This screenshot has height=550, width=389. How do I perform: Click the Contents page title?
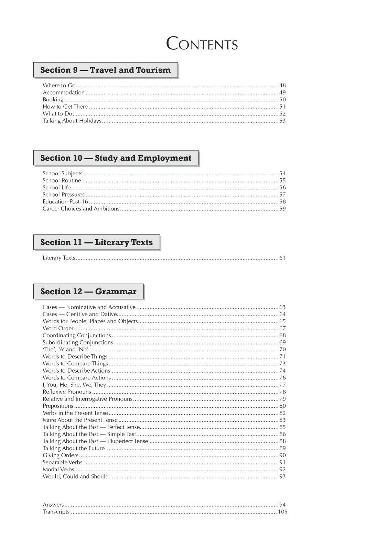click(x=202, y=44)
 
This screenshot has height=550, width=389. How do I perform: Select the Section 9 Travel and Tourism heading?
click(x=106, y=70)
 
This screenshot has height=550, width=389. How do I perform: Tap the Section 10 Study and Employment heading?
click(x=116, y=158)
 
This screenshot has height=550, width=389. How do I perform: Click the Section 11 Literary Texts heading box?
click(x=97, y=242)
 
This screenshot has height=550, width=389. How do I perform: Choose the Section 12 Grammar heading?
click(x=88, y=292)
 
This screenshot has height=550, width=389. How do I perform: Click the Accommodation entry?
click(x=64, y=92)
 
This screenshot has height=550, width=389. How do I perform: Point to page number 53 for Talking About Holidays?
click(x=282, y=121)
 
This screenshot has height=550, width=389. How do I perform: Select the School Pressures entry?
click(x=64, y=195)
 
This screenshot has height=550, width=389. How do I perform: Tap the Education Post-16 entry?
click(x=65, y=202)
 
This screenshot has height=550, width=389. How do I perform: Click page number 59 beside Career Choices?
click(x=282, y=209)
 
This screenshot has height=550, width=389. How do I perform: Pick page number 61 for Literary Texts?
click(x=282, y=258)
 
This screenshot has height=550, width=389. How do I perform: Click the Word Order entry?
click(x=58, y=328)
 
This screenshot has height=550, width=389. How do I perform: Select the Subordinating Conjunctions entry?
click(x=78, y=342)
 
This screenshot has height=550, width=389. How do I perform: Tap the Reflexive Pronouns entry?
click(x=67, y=392)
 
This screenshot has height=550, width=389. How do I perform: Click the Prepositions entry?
click(x=58, y=406)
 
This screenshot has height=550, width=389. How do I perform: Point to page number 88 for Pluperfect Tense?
click(x=282, y=441)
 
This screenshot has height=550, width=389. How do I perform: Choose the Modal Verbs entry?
click(x=58, y=470)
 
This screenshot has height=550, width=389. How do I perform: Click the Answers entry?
click(x=53, y=505)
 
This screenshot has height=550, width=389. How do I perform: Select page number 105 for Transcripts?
click(x=282, y=512)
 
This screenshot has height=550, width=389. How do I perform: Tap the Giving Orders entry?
click(x=61, y=455)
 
